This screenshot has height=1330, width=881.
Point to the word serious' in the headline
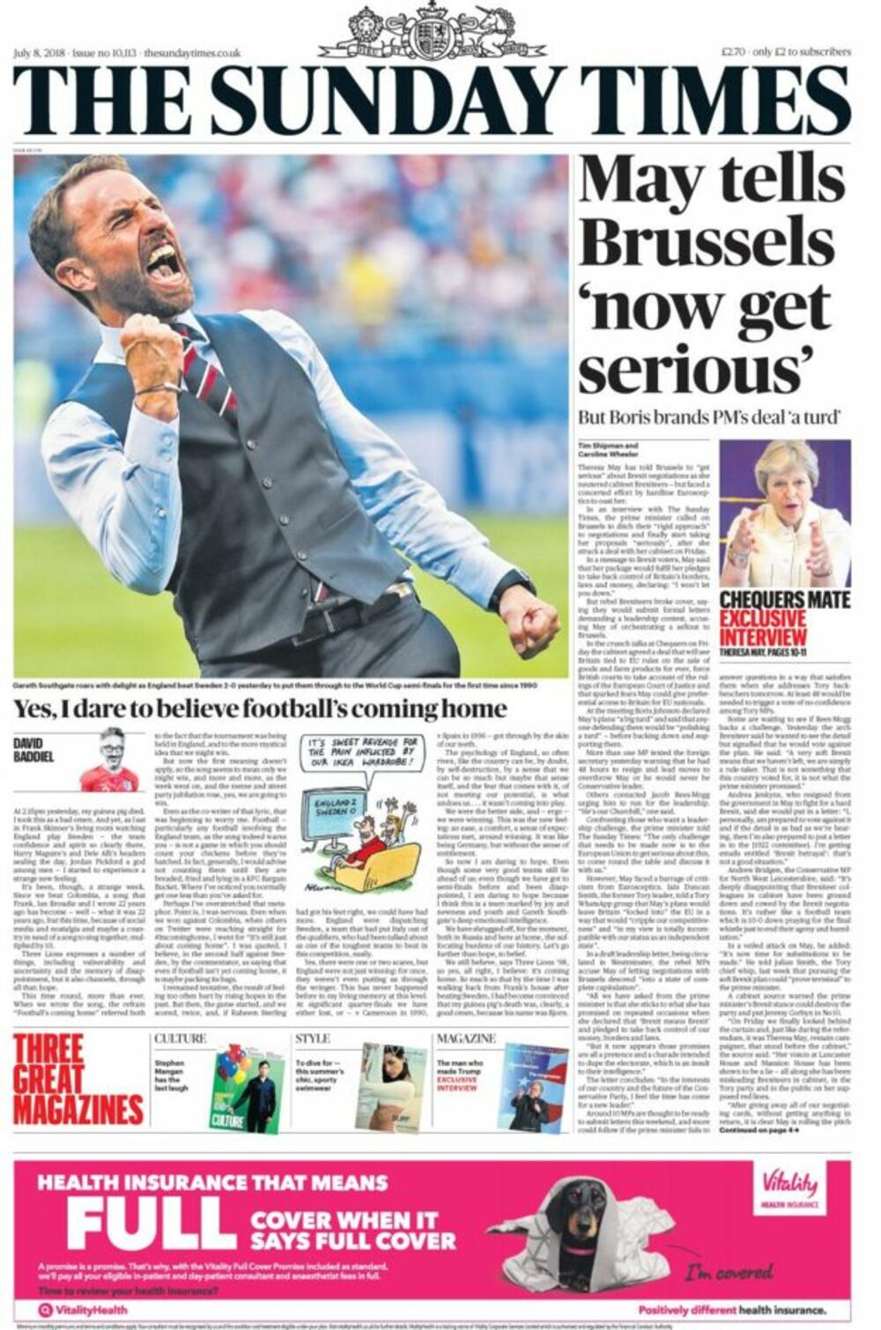[x=695, y=370]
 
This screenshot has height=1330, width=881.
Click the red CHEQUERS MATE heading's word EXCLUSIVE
[x=763, y=618]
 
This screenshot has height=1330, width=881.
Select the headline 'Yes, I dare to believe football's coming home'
[x=260, y=709]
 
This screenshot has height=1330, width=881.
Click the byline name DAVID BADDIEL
[x=33, y=750]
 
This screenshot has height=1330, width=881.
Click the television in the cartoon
[x=335, y=821]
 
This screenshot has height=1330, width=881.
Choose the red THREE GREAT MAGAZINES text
[x=78, y=1080]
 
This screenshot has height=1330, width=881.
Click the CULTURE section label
[x=180, y=1039]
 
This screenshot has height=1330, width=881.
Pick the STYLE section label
[x=312, y=1039]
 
